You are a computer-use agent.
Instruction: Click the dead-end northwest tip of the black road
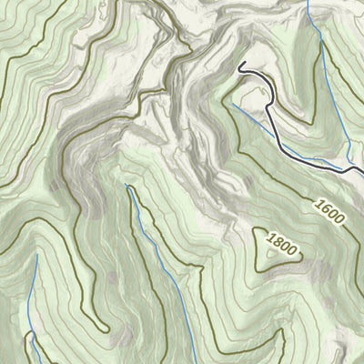coord(240,65)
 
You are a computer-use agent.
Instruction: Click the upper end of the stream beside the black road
coord(231,103)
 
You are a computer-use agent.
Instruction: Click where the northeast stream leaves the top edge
coord(308,2)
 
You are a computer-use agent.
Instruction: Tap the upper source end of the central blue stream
coord(126,186)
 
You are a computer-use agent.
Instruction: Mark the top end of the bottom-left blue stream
coord(37,254)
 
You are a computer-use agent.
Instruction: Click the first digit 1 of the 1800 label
coord(270,238)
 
